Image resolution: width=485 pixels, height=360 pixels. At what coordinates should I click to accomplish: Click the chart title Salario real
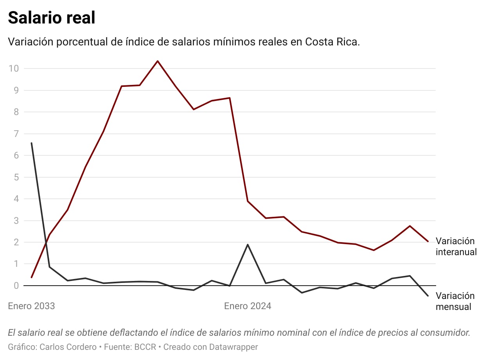point(52,18)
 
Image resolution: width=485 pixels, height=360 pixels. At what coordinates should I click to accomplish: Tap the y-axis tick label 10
point(14,68)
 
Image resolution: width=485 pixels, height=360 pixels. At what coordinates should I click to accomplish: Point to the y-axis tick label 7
point(16,134)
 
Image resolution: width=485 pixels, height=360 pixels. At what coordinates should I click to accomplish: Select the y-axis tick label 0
point(16,286)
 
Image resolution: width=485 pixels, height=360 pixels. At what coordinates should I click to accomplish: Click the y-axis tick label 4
point(16,199)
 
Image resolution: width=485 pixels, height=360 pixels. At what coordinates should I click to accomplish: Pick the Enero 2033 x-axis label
point(31,306)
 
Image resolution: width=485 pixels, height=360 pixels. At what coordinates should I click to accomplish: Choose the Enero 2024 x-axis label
point(248,306)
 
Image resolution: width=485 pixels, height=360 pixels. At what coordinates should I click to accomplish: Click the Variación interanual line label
point(456,247)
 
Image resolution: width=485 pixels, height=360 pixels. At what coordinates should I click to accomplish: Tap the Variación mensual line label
point(455,301)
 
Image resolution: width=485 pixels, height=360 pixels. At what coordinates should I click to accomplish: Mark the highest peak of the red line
point(158,61)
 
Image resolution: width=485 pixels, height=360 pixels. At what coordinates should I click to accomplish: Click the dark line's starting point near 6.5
point(31,143)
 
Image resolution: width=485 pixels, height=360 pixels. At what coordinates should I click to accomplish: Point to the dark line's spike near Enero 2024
point(248,245)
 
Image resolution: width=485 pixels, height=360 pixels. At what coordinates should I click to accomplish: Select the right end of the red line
point(428,241)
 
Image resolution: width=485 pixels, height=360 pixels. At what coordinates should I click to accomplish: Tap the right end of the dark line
point(428,296)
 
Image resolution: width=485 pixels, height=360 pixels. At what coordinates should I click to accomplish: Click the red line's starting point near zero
point(31,277)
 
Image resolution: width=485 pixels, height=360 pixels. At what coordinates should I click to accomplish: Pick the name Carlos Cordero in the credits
point(68,347)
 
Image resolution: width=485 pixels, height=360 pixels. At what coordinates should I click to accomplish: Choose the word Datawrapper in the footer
point(234,347)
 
